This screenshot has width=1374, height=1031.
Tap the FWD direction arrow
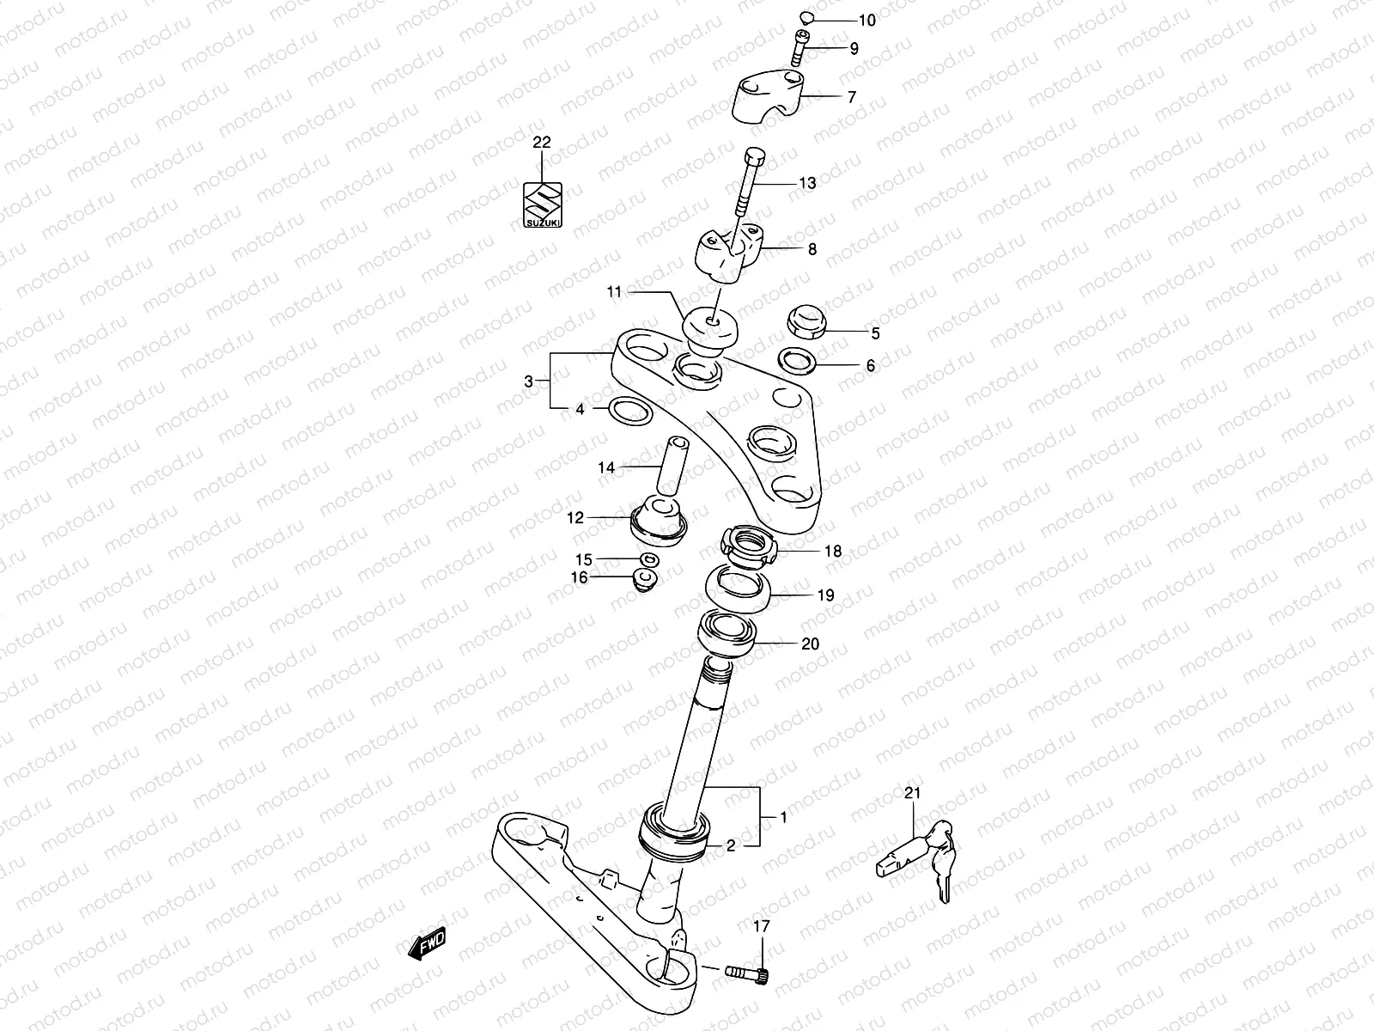click(427, 945)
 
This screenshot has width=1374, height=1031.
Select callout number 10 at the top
click(867, 20)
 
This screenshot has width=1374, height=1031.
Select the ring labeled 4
click(629, 412)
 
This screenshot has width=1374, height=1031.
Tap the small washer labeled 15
click(651, 560)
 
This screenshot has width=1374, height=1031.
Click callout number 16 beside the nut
click(580, 577)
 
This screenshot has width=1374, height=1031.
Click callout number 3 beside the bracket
click(529, 381)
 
